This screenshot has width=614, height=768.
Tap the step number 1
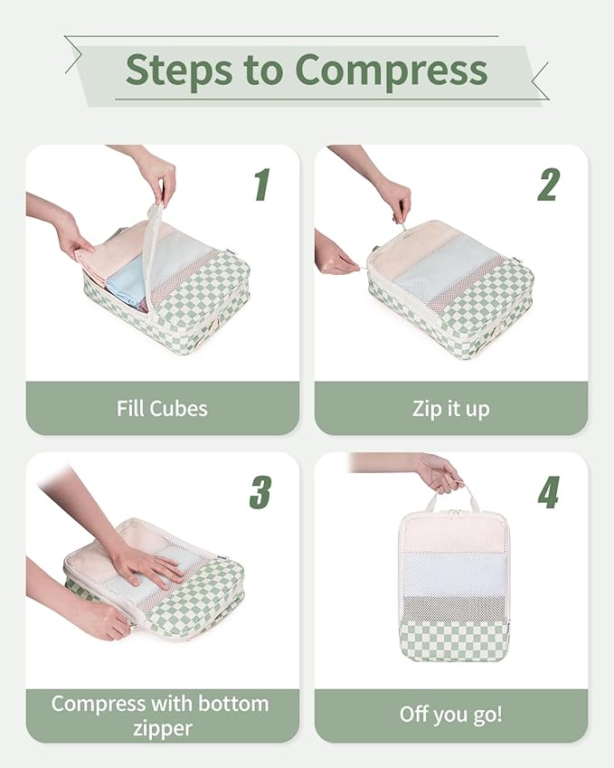pos(261,184)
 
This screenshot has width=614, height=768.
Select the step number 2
pos(548,184)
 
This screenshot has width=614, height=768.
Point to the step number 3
pos(260,491)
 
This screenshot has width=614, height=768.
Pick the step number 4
pos(548,491)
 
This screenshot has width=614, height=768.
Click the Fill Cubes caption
pos(162,408)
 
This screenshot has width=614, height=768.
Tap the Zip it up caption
pos(450,408)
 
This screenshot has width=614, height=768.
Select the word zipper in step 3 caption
pos(162,728)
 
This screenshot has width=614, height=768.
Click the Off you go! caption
pos(450,715)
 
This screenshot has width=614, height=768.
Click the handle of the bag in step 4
pos(453,497)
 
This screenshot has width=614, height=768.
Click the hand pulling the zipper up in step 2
pos(394,198)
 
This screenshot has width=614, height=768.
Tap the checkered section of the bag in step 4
pos(453,640)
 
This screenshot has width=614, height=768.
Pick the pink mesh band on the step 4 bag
pos(453,534)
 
